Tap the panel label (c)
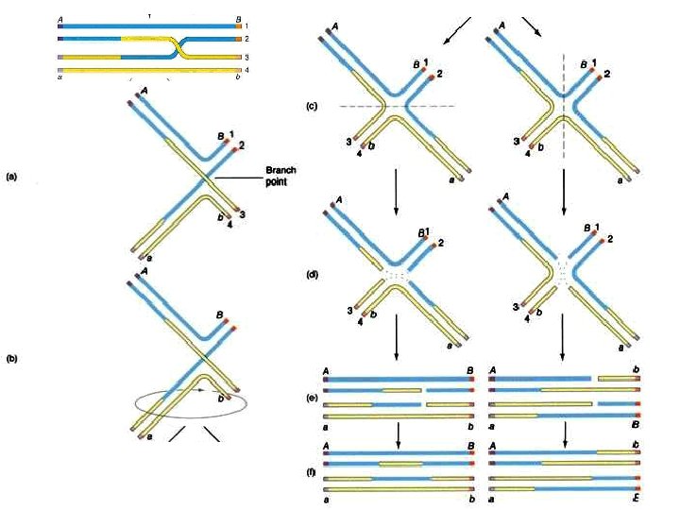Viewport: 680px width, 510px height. point(312,105)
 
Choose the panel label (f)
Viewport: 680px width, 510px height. point(312,462)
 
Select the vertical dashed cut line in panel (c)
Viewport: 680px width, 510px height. point(564,66)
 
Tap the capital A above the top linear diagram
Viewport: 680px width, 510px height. point(60,17)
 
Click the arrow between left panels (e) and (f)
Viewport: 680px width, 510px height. point(399,433)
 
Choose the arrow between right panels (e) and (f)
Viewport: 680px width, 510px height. point(565,433)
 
